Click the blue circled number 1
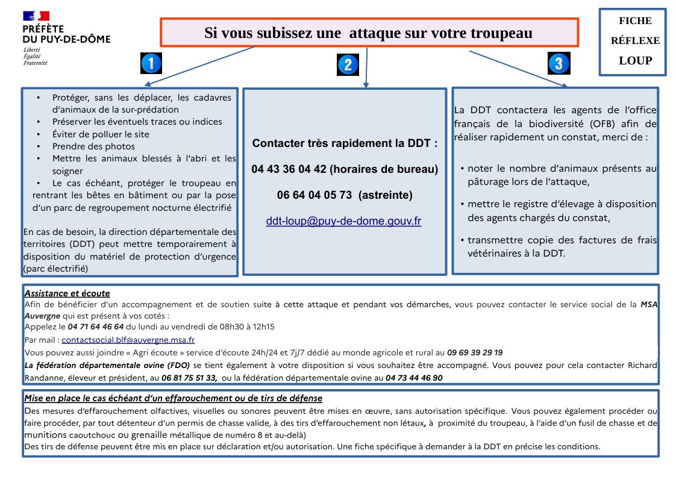pyautogui.click(x=151, y=63)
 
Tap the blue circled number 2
pyautogui.click(x=348, y=64)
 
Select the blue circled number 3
pyautogui.click(x=558, y=63)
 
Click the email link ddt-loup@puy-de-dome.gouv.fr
pyautogui.click(x=343, y=221)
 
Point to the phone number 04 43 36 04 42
pyautogui.click(x=289, y=169)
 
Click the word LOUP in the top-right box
pyautogui.click(x=635, y=60)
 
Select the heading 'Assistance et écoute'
pyautogui.click(x=67, y=293)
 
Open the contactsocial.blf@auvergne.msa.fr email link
pyautogui.click(x=128, y=340)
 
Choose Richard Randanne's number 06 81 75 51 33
pyautogui.click(x=189, y=378)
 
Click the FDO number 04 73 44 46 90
pyautogui.click(x=414, y=378)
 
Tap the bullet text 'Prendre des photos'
pyautogui.click(x=93, y=146)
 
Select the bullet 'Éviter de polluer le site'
pyautogui.click(x=101, y=134)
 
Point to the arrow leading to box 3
pyautogui.click(x=518, y=69)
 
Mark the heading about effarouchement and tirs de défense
pyautogui.click(x=173, y=398)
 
